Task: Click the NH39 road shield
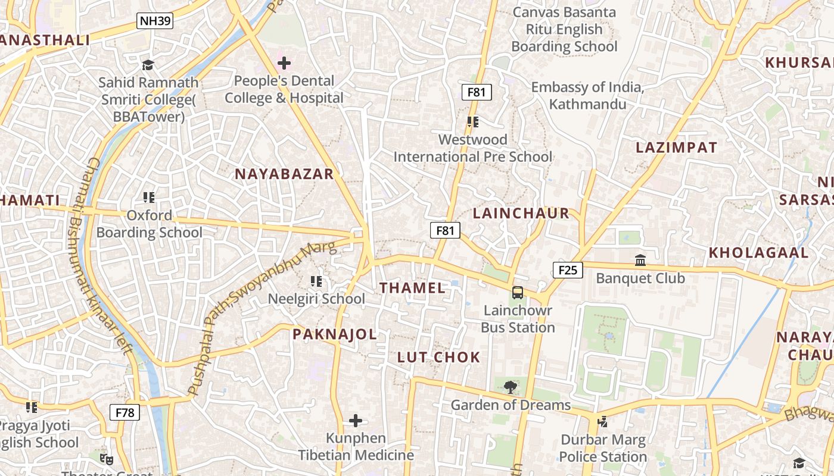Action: (155, 21)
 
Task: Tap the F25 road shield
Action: (567, 270)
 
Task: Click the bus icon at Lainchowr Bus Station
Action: (518, 292)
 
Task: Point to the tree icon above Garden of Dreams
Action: (510, 387)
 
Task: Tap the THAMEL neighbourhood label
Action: (412, 288)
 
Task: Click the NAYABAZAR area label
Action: (284, 174)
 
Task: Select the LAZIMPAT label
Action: (676, 147)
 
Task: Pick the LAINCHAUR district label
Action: (521, 214)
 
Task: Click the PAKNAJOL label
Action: (334, 334)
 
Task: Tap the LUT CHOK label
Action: (438, 357)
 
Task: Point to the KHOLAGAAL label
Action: (758, 252)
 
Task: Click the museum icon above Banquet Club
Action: (640, 260)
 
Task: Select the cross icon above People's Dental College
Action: (284, 62)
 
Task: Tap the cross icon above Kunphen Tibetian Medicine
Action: (356, 421)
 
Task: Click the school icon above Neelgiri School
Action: (316, 281)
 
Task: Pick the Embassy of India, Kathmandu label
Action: (587, 96)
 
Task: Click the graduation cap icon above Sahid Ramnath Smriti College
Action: (148, 64)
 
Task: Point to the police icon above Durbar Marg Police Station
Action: (603, 422)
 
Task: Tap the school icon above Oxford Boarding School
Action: (149, 197)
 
